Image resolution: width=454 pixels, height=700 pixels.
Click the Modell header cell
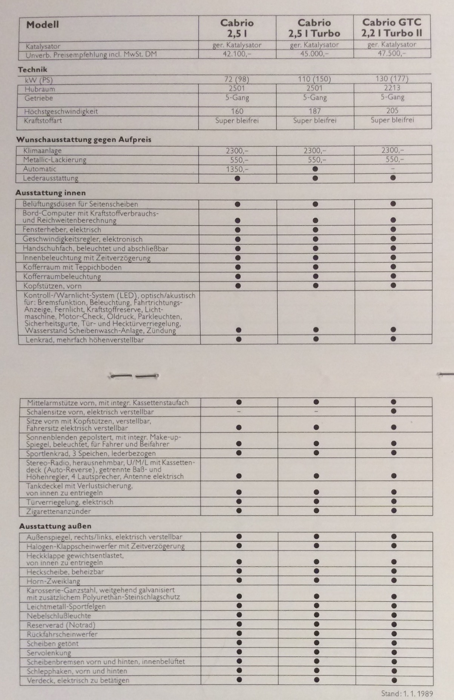click(43, 25)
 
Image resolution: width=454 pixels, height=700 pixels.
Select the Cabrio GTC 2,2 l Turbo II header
click(392, 28)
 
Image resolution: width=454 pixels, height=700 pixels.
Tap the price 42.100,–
click(237, 54)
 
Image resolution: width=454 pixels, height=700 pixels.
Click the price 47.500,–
click(392, 53)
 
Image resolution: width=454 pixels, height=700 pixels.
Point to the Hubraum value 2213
click(392, 88)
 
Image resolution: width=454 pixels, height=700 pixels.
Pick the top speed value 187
click(314, 111)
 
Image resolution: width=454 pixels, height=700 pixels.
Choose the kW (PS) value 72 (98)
click(237, 79)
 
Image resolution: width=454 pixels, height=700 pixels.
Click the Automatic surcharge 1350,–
click(237, 169)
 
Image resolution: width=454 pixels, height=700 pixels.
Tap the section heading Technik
click(32, 69)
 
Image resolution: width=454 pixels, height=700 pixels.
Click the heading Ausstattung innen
click(51, 193)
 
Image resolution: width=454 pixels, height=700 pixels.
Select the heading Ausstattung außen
click(55, 526)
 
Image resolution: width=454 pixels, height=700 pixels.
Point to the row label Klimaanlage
click(42, 151)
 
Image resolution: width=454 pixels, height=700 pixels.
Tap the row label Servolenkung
click(49, 652)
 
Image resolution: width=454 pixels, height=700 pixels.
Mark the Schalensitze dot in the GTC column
click(394, 411)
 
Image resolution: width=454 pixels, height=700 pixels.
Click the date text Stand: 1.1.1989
click(407, 694)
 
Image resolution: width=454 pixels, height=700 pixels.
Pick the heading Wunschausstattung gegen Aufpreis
click(84, 140)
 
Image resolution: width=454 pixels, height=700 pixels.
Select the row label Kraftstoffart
click(43, 121)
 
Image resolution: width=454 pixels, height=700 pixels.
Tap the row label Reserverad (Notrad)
click(61, 625)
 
